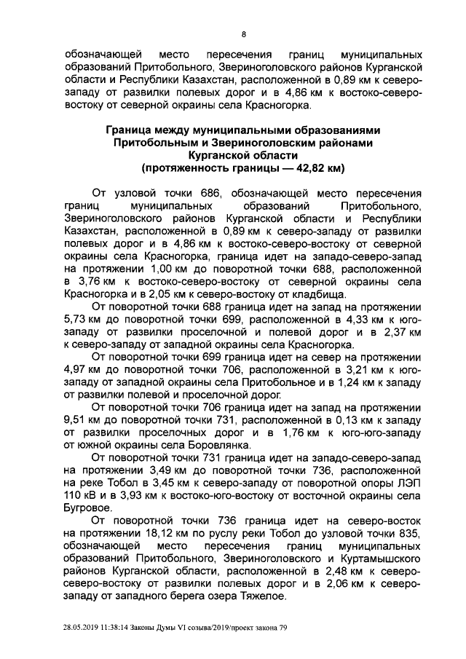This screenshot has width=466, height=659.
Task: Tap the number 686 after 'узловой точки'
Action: pos(210,193)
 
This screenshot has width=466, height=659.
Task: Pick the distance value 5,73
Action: pos(78,319)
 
